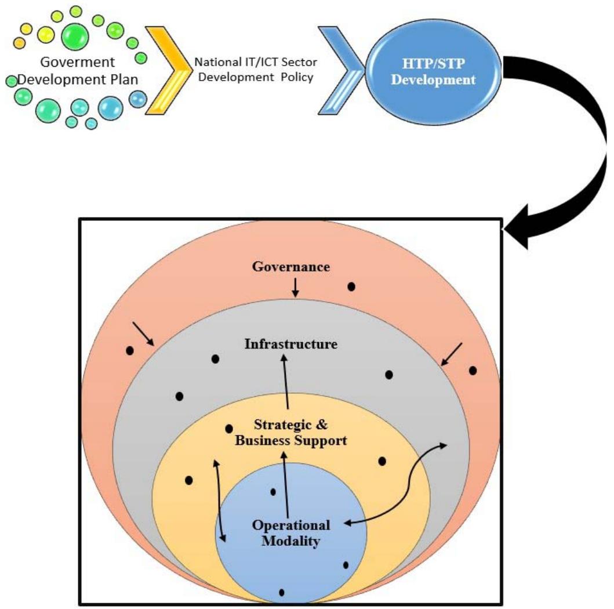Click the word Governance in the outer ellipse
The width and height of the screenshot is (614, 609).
point(291,267)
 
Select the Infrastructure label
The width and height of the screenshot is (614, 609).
point(291,343)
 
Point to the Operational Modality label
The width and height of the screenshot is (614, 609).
point(291,534)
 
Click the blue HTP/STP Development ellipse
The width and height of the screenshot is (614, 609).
point(433,74)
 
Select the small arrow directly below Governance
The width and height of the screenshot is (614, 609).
point(295,287)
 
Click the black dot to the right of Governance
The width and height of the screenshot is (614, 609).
point(351,287)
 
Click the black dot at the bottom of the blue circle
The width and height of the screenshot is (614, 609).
point(282,592)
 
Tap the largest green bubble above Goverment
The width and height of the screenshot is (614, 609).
point(75,34)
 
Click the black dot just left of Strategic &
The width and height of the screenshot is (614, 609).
point(229,428)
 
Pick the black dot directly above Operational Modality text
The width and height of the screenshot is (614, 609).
point(274,492)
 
